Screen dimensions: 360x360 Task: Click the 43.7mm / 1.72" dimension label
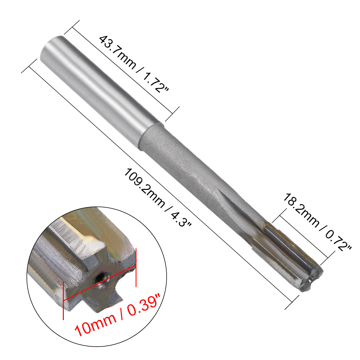pos(134,64)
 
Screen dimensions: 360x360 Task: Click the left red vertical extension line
pos(63,299)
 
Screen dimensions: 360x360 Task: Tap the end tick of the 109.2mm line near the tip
pos(292,302)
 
